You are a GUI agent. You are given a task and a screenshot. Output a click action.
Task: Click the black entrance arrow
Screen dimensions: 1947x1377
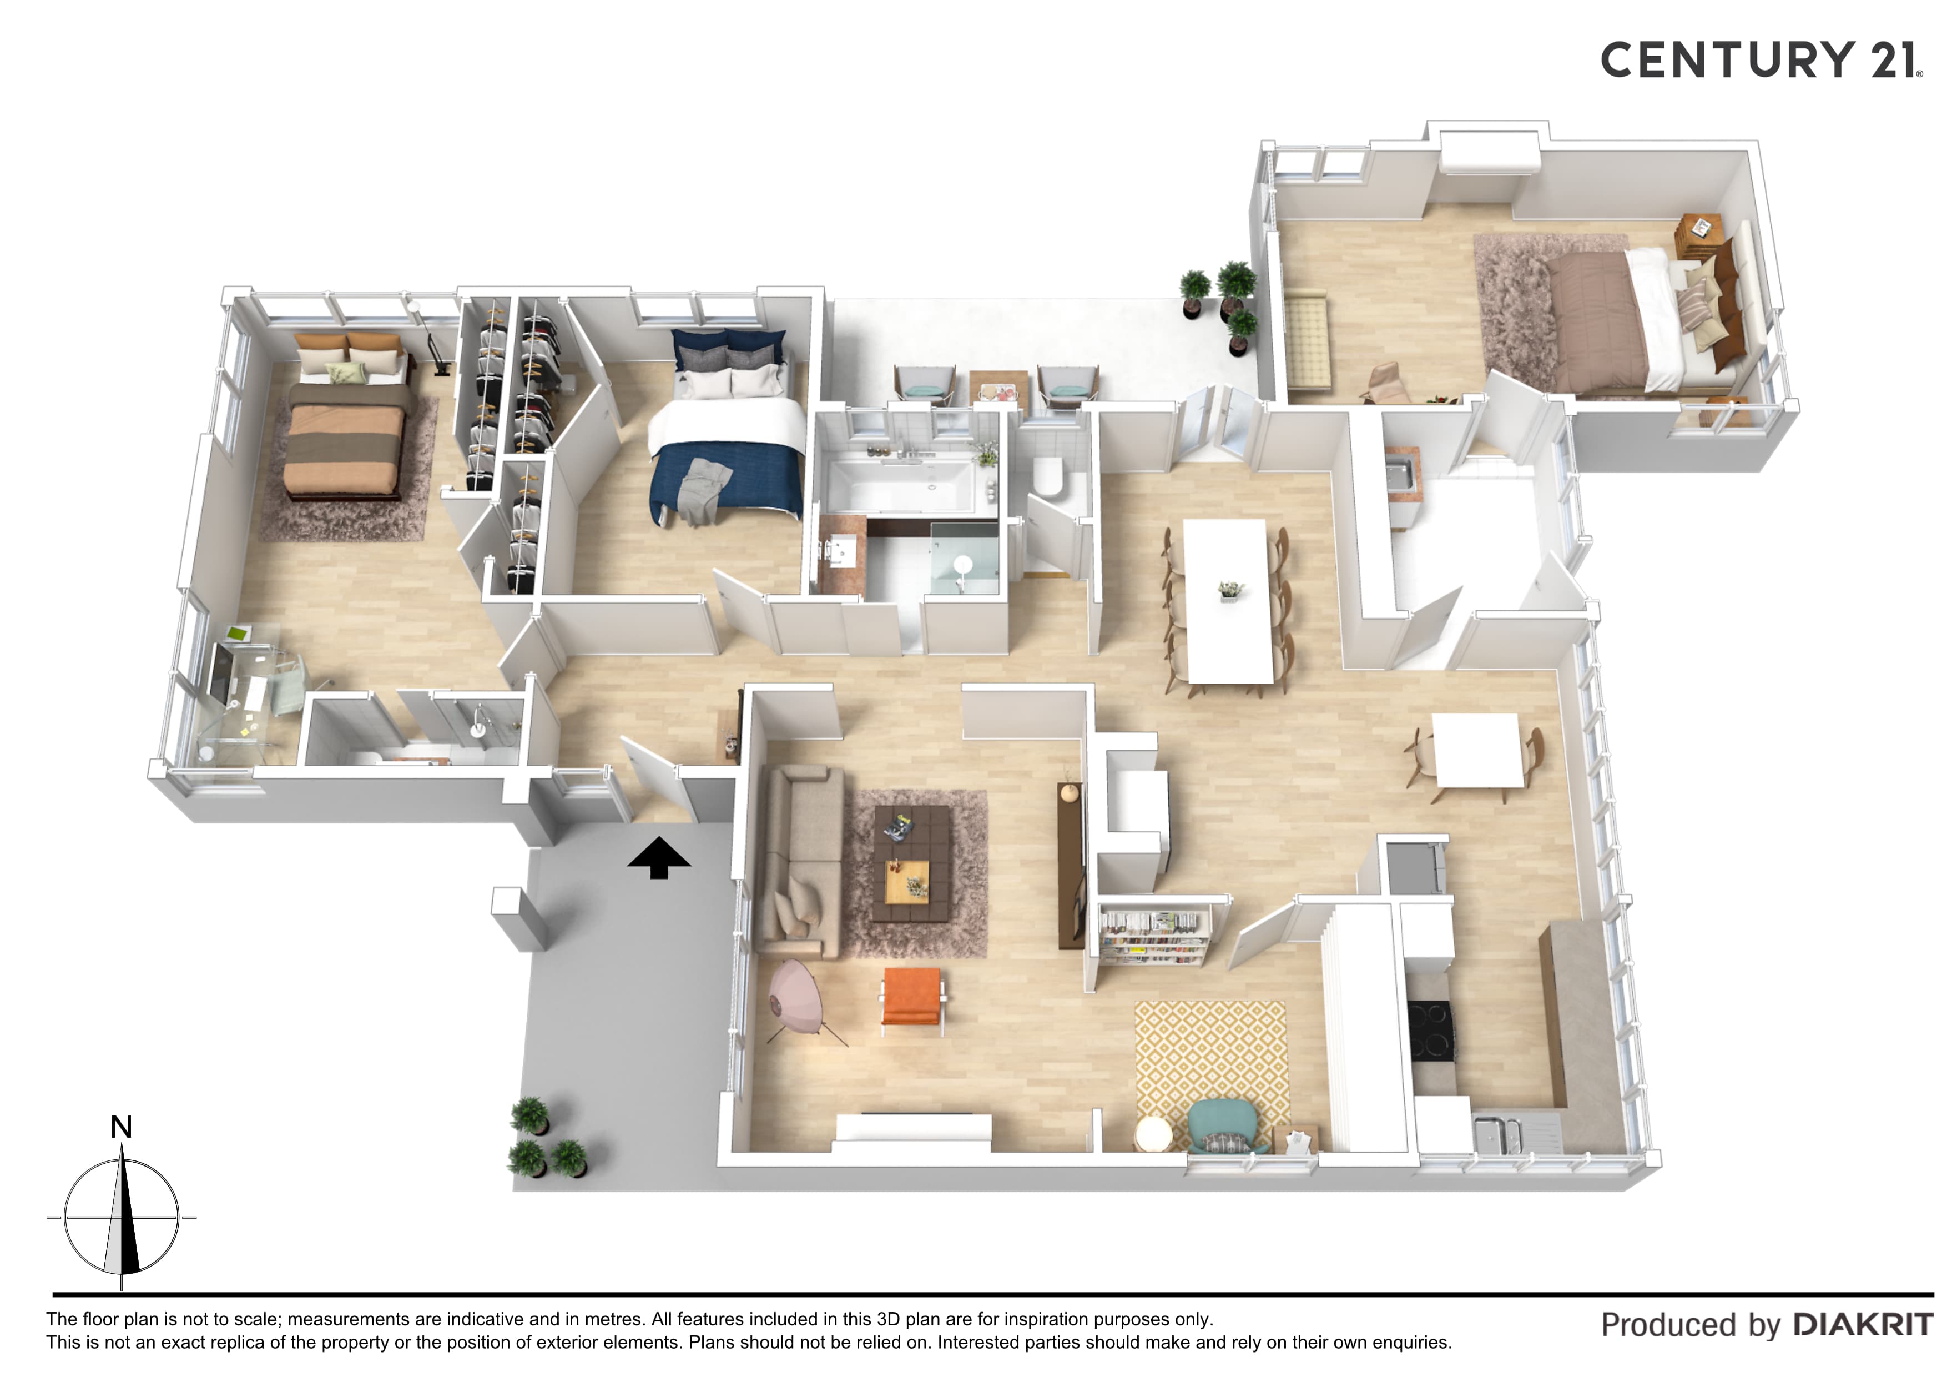(659, 858)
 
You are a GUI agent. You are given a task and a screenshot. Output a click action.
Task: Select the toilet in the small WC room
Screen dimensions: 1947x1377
(1049, 477)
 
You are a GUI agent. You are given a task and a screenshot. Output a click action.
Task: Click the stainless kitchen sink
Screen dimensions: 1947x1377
(1497, 1133)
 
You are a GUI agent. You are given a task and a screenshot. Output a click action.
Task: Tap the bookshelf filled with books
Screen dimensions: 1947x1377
(1153, 935)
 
